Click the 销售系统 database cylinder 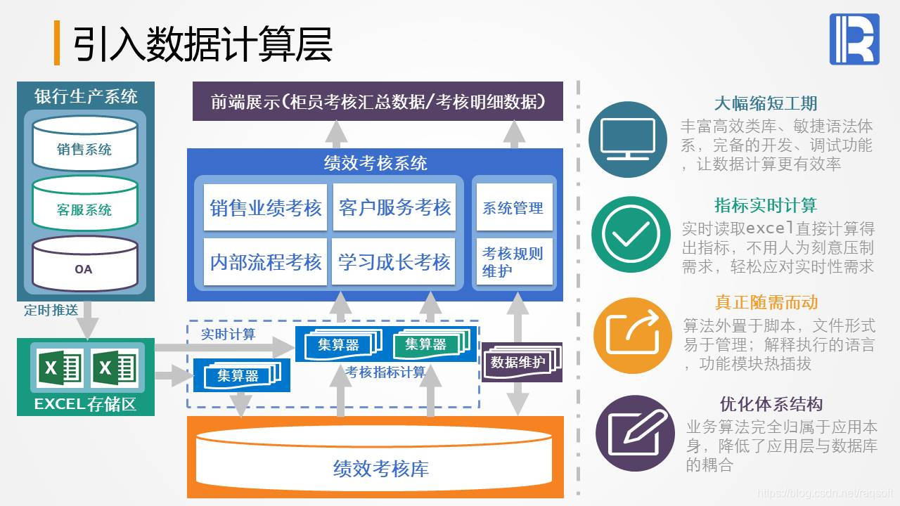(x=84, y=143)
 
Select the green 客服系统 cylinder (x=84, y=204)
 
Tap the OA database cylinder (x=84, y=264)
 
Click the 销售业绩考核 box (x=265, y=207)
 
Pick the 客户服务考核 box (x=394, y=207)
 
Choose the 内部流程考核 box (x=265, y=262)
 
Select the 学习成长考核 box (x=394, y=262)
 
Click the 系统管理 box (x=513, y=207)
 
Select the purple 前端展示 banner (x=378, y=101)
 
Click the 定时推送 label (x=51, y=310)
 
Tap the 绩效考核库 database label (x=380, y=469)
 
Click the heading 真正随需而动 (x=766, y=302)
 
